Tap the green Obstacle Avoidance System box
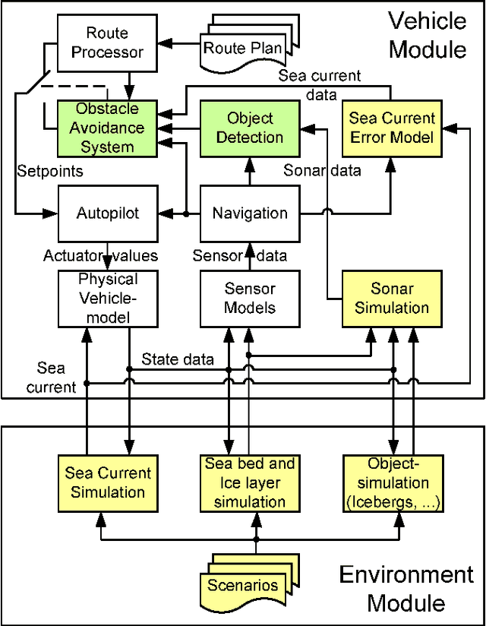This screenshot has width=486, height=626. [x=107, y=127]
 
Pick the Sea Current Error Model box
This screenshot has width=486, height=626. [x=391, y=128]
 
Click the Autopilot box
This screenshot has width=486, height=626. [x=108, y=213]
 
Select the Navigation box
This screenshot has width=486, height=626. [x=250, y=213]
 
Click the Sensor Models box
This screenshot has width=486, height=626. [x=250, y=298]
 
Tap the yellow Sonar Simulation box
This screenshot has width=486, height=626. [x=391, y=298]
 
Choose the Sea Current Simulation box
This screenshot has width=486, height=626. [x=108, y=482]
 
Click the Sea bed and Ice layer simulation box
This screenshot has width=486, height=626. [x=250, y=482]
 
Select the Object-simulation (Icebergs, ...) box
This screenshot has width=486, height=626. [x=393, y=482]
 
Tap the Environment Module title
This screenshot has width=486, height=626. [x=406, y=588]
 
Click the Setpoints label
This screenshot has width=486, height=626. [x=49, y=172]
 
